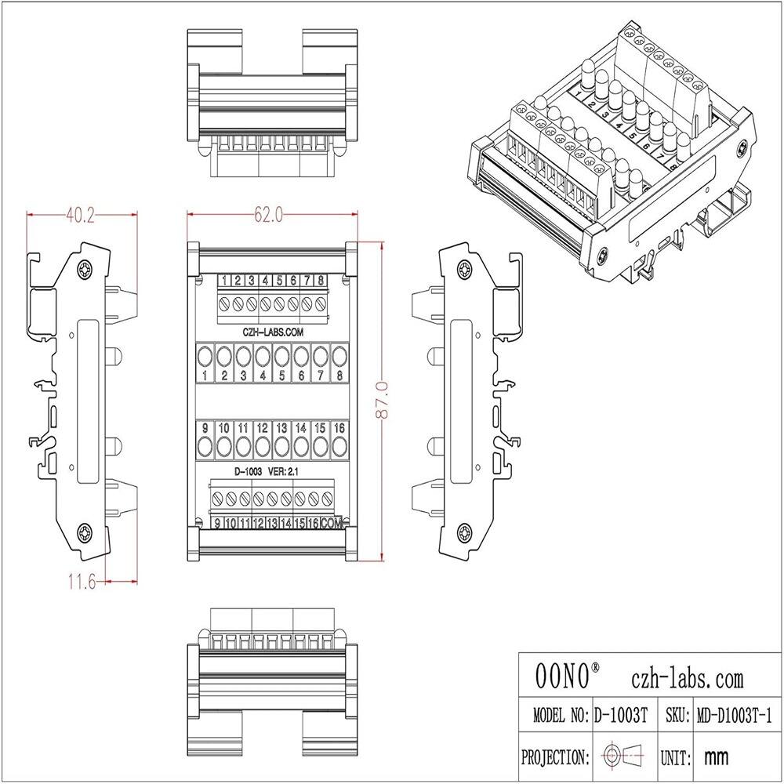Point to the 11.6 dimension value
82,583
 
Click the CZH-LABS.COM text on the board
268,332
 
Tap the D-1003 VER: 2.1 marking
261,472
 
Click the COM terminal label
332,524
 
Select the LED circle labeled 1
205,357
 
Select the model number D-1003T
620,715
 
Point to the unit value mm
716,757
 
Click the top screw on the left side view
85,271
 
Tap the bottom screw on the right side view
464,534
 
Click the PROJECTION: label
555,757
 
